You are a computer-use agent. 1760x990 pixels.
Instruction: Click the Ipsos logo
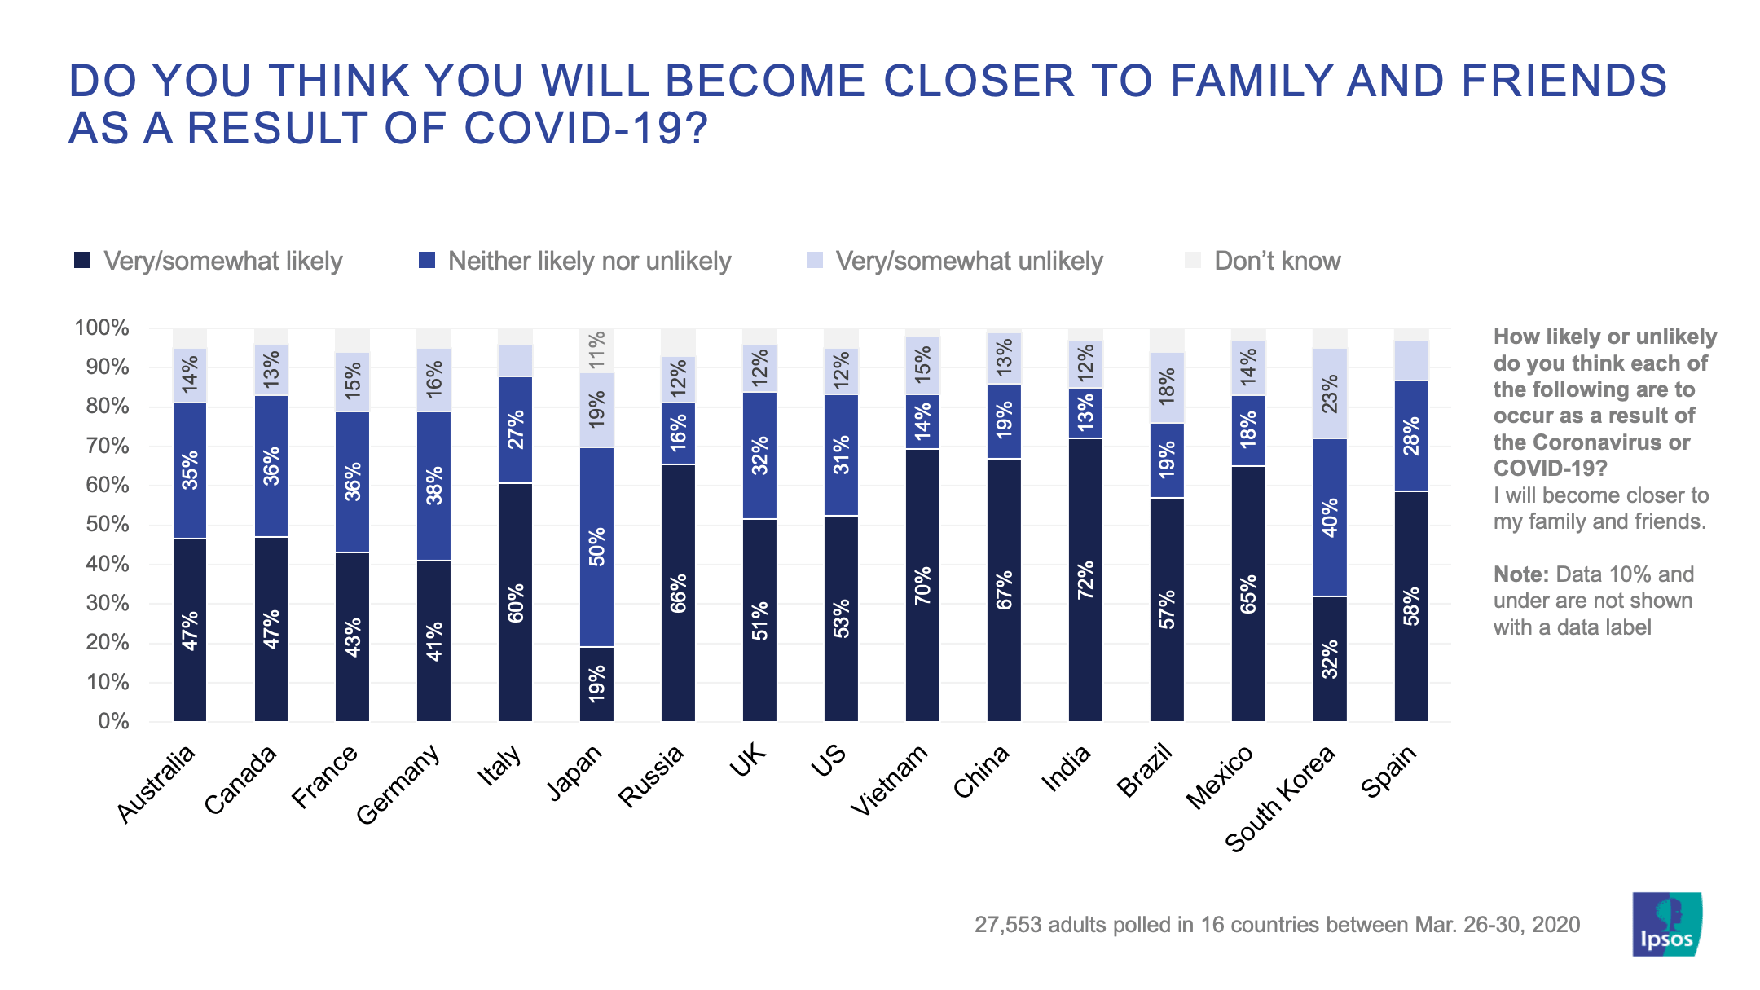tap(1666, 924)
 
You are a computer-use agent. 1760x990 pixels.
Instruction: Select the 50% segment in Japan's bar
tap(596, 547)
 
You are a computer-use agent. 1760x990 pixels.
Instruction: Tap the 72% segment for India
tap(1085, 579)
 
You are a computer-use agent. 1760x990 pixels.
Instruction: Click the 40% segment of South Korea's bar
tap(1330, 517)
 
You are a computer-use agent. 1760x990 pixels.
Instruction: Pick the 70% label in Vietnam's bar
tap(922, 586)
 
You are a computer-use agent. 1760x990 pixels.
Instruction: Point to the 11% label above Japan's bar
tap(597, 349)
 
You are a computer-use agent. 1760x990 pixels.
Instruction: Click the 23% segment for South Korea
tap(1330, 394)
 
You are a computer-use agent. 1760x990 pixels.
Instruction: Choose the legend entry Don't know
tap(1277, 261)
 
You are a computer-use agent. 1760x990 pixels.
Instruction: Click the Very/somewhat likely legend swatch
tap(82, 261)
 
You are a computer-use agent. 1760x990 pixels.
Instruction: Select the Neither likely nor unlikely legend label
tap(589, 261)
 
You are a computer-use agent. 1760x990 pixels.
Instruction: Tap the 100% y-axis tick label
tap(102, 328)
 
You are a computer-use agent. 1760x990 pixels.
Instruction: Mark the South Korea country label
tap(1280, 799)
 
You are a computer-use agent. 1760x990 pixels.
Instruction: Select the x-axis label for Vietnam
tap(889, 781)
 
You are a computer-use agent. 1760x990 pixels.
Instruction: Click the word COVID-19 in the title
tap(586, 129)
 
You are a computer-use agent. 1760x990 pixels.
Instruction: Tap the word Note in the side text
tap(1520, 574)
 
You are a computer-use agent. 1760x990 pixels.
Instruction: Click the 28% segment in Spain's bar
tap(1411, 436)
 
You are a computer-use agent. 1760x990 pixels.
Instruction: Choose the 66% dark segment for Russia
tap(678, 592)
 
